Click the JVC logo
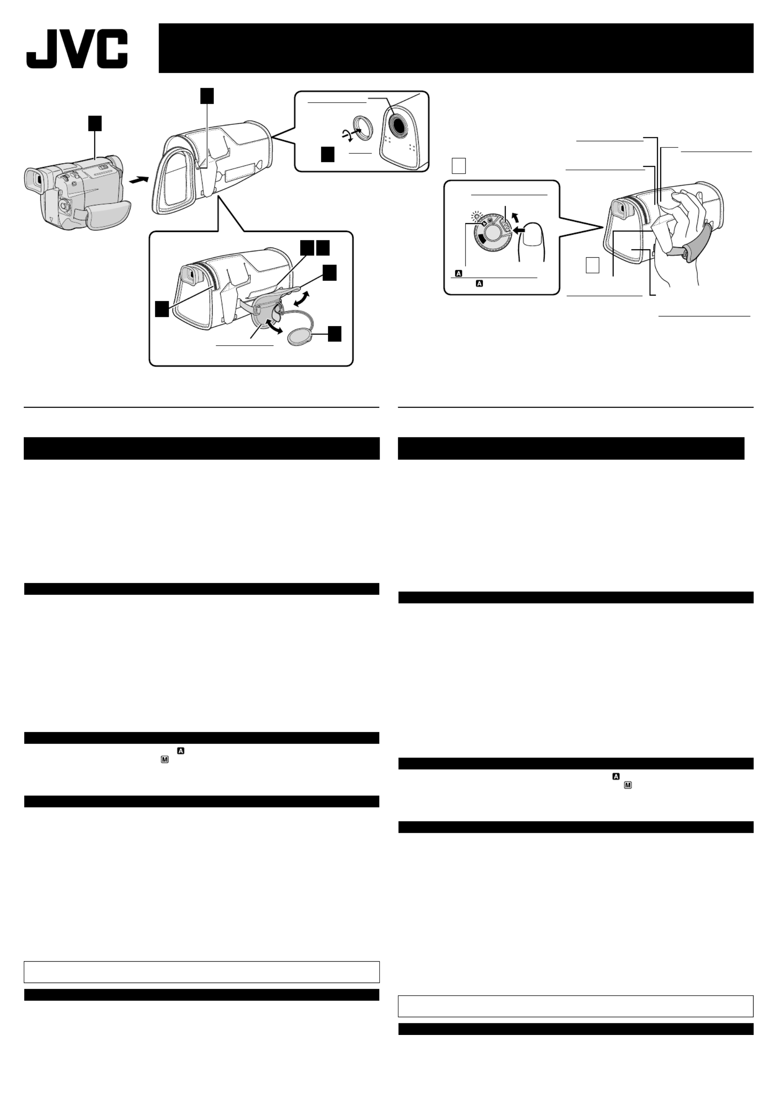click(76, 48)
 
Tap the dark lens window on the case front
click(398, 124)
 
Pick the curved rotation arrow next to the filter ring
click(347, 136)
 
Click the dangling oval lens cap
click(299, 337)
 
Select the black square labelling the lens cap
click(335, 334)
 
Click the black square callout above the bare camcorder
click(95, 123)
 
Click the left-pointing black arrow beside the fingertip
click(519, 230)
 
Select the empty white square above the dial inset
click(459, 166)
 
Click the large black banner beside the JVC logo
click(456, 48)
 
